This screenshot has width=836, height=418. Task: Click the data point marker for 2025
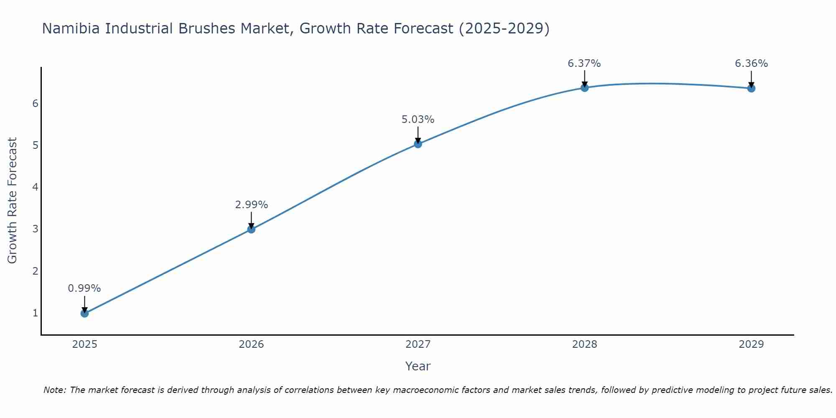(x=84, y=313)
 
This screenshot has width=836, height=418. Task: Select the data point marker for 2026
(x=251, y=229)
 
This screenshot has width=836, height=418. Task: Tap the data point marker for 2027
(x=418, y=144)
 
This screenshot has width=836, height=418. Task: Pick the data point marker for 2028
(x=584, y=88)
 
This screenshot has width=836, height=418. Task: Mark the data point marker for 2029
(x=751, y=88)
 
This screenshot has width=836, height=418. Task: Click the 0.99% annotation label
(x=84, y=288)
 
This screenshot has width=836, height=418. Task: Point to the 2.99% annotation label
(x=251, y=205)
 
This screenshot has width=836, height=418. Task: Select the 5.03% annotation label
(x=418, y=120)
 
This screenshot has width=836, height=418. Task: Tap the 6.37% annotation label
(x=584, y=64)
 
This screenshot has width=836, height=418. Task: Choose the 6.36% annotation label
(x=751, y=64)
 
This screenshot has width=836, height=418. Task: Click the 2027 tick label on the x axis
(x=418, y=344)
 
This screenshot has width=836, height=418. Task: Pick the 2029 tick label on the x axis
(x=751, y=344)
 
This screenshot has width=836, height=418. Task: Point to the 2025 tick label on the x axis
(x=84, y=344)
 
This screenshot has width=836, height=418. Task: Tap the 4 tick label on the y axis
(x=35, y=187)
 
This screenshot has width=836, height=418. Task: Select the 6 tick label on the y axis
(x=35, y=103)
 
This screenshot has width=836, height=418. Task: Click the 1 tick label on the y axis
(x=35, y=313)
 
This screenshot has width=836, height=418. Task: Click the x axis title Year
(x=418, y=366)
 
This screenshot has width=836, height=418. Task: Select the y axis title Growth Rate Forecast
(x=13, y=201)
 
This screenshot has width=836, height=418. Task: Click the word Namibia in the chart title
(x=71, y=28)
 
